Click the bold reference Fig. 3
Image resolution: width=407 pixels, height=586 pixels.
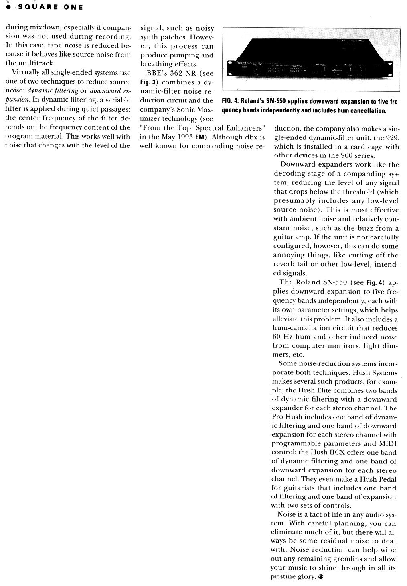pos(147,82)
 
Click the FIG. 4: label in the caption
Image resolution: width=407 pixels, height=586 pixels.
pos(230,101)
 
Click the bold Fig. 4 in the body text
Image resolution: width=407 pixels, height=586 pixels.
pos(373,282)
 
